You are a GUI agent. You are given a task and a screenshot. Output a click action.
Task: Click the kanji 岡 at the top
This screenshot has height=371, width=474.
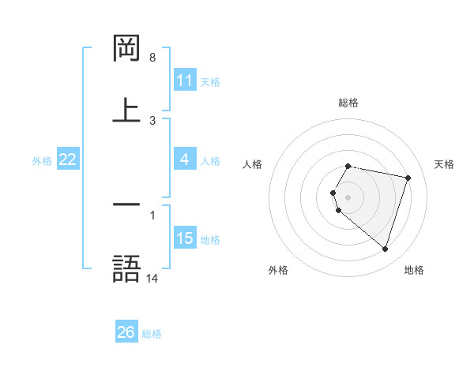126,48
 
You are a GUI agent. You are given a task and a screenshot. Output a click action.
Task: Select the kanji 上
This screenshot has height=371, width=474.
126,110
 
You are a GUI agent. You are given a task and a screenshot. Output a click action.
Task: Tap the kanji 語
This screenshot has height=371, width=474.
126,268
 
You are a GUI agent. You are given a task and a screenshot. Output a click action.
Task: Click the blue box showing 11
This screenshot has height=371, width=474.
185,81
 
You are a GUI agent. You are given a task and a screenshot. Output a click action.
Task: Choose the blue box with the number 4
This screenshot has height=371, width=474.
185,159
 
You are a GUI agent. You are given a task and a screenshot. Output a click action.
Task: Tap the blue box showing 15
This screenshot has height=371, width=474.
185,238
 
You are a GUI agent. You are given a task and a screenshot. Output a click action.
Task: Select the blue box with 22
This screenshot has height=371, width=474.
68,159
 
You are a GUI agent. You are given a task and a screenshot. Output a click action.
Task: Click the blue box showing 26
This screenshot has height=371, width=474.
126,332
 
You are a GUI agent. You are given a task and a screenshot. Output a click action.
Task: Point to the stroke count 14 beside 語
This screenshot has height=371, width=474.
152,279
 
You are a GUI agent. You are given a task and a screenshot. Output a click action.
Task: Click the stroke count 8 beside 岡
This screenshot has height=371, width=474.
152,58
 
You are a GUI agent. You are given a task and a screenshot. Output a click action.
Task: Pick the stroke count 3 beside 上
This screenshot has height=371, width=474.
152,120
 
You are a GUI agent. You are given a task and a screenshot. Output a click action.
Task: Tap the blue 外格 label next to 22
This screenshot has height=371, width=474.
42,160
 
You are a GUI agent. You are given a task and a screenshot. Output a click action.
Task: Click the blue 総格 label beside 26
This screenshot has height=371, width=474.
152,333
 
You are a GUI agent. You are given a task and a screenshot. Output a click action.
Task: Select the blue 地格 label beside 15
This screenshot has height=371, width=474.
210,239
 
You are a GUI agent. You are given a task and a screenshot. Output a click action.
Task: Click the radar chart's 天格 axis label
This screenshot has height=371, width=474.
445,164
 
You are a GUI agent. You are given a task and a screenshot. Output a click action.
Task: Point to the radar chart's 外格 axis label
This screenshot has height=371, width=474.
278,270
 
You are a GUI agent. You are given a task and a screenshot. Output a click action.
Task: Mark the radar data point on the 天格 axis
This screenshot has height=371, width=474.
408,178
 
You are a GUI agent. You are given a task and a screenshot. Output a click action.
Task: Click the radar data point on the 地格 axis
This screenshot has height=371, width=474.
385,249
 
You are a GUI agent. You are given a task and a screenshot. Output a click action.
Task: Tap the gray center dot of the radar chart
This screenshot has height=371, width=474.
348,197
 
